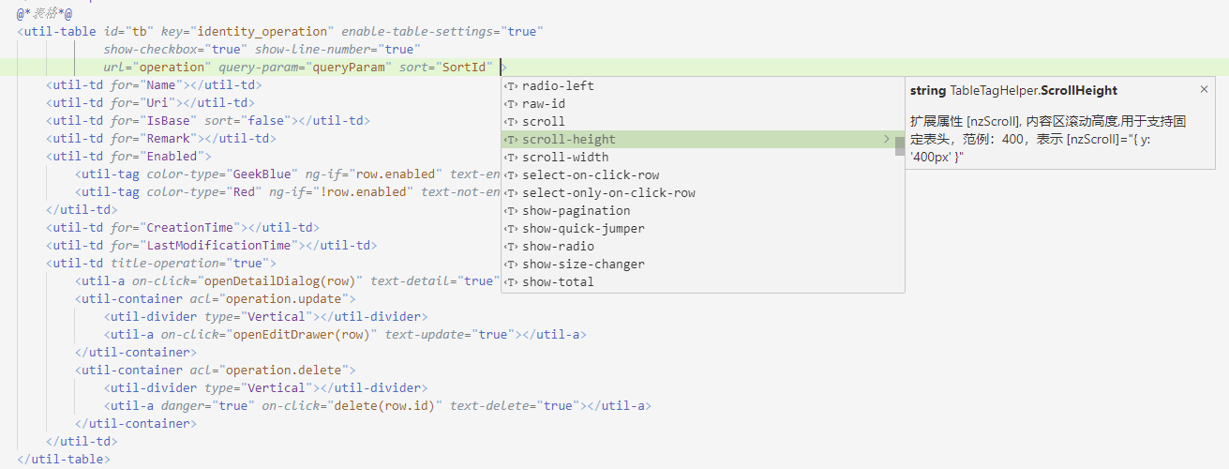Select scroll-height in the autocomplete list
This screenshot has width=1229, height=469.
click(568, 140)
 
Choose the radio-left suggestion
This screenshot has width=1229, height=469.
click(558, 86)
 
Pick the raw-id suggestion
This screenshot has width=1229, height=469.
click(544, 104)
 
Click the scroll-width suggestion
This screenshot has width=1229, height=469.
click(565, 158)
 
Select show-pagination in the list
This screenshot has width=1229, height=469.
click(576, 211)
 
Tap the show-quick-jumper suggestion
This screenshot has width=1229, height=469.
click(583, 229)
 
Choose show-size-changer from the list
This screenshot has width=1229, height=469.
click(583, 265)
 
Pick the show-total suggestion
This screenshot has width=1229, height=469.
click(558, 282)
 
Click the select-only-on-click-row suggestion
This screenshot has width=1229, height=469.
click(608, 193)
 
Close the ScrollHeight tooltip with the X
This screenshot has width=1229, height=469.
click(1205, 89)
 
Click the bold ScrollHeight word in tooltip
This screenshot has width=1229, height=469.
click(1079, 90)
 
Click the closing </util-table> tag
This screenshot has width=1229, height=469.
click(64, 460)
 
